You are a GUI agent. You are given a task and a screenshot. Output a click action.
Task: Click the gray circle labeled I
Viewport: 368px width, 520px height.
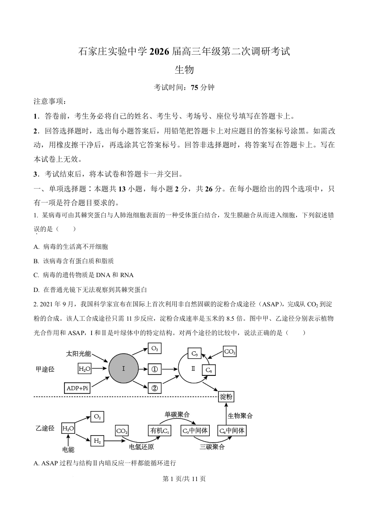click(124, 369)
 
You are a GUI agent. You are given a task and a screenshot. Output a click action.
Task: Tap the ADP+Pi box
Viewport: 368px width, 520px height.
click(77, 387)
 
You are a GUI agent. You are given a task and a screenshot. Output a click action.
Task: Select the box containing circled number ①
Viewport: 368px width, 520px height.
click(155, 369)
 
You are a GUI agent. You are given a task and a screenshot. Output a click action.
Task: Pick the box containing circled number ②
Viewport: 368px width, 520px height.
click(155, 388)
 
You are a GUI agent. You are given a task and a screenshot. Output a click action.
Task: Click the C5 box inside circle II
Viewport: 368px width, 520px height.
click(209, 370)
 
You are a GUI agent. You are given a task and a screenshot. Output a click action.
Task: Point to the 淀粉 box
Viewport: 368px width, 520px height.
click(226, 397)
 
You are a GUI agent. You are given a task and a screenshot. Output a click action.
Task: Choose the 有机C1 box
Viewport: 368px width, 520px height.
click(159, 431)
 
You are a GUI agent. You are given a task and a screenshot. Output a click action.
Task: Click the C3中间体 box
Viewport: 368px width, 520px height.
click(193, 431)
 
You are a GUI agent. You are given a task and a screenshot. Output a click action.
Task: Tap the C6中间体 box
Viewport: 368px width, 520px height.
click(232, 431)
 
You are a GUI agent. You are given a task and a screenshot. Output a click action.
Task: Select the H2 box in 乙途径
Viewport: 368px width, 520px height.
click(97, 441)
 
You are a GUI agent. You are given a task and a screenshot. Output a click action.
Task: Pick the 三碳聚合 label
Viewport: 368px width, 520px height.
click(212, 447)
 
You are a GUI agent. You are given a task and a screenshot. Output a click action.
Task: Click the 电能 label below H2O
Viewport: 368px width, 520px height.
click(68, 450)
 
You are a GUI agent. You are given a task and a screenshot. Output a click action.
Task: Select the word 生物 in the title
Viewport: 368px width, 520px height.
click(184, 70)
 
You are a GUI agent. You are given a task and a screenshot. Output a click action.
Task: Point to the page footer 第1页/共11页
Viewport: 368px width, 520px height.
click(184, 479)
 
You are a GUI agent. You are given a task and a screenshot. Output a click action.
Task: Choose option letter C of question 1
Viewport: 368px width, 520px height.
click(36, 275)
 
